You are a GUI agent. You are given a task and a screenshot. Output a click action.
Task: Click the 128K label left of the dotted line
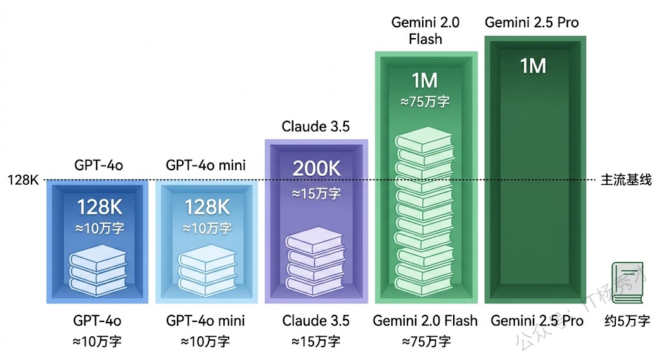coord(24,180)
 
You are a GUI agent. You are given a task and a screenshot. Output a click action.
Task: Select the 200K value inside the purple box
coord(316,168)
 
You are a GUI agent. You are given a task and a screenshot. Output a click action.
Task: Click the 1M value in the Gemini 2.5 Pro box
coord(533,66)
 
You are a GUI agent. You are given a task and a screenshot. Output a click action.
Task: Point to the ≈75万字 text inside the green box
coord(425,102)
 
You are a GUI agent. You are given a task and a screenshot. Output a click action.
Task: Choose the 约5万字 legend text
coord(627,321)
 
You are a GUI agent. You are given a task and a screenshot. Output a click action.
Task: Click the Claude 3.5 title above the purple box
coord(316,127)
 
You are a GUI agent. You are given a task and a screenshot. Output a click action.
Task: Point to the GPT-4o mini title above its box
coord(205,166)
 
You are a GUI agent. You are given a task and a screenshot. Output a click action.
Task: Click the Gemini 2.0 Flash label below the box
coord(425,321)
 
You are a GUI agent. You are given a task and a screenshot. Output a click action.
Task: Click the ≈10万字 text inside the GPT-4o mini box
coord(207,228)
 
